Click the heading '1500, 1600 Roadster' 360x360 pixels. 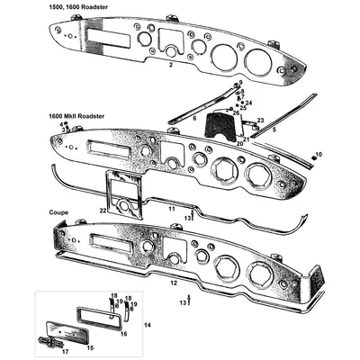coord(78,7)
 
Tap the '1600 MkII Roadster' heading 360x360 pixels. coord(76,116)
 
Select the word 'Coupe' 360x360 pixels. coord(58,212)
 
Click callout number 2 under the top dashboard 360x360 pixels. coord(171,65)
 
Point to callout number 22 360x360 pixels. coord(103,211)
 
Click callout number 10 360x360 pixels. coord(319,154)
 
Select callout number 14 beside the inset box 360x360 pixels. coord(148,325)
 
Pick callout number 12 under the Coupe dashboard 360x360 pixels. coord(174,283)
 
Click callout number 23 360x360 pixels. coord(260,121)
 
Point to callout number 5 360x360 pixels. coord(274,130)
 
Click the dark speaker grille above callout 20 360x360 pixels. coord(220,125)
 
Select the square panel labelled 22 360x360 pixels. coord(123,194)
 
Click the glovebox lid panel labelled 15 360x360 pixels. coord(67,333)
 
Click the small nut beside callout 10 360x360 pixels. coord(313,157)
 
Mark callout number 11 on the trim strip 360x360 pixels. coord(171,209)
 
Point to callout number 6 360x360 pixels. coord(194,118)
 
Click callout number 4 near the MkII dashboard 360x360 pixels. coord(61,124)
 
